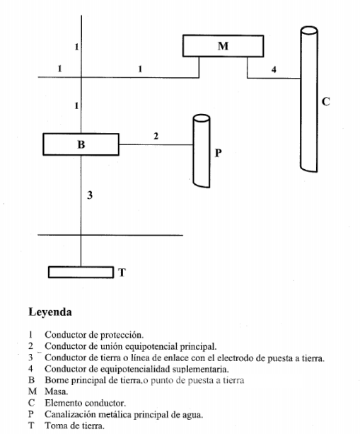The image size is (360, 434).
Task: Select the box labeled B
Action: [x=80, y=144]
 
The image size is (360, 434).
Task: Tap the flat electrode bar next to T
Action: [x=81, y=272]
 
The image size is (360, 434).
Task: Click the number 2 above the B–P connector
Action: [x=156, y=135]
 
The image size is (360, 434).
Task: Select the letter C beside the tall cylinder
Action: [x=325, y=101]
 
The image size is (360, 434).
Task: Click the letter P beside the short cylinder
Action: [x=218, y=152]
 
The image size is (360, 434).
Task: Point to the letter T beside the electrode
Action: [x=122, y=272]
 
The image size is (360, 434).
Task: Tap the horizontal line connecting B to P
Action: [x=156, y=144]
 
